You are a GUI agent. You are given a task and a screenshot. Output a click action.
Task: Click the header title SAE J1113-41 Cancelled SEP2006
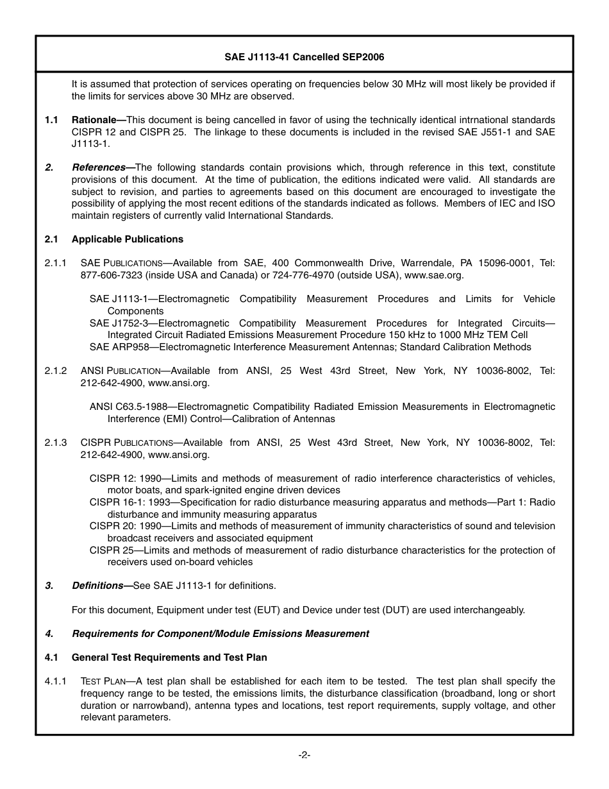[304, 57]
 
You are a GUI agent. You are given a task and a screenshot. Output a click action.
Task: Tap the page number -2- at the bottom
[304, 755]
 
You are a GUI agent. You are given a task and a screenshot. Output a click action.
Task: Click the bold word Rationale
[94, 120]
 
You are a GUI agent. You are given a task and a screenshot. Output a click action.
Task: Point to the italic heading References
[98, 167]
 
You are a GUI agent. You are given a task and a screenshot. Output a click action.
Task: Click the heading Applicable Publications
[127, 239]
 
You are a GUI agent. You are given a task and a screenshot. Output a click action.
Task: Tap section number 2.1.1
[55, 263]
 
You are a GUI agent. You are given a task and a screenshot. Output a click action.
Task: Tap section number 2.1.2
[55, 371]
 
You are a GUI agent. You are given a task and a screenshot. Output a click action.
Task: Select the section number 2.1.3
[55, 443]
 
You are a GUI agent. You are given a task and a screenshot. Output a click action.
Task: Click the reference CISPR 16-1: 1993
[126, 502]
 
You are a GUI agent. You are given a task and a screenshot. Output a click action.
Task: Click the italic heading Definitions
[97, 586]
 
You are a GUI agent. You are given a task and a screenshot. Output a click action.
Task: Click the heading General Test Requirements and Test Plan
[169, 657]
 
